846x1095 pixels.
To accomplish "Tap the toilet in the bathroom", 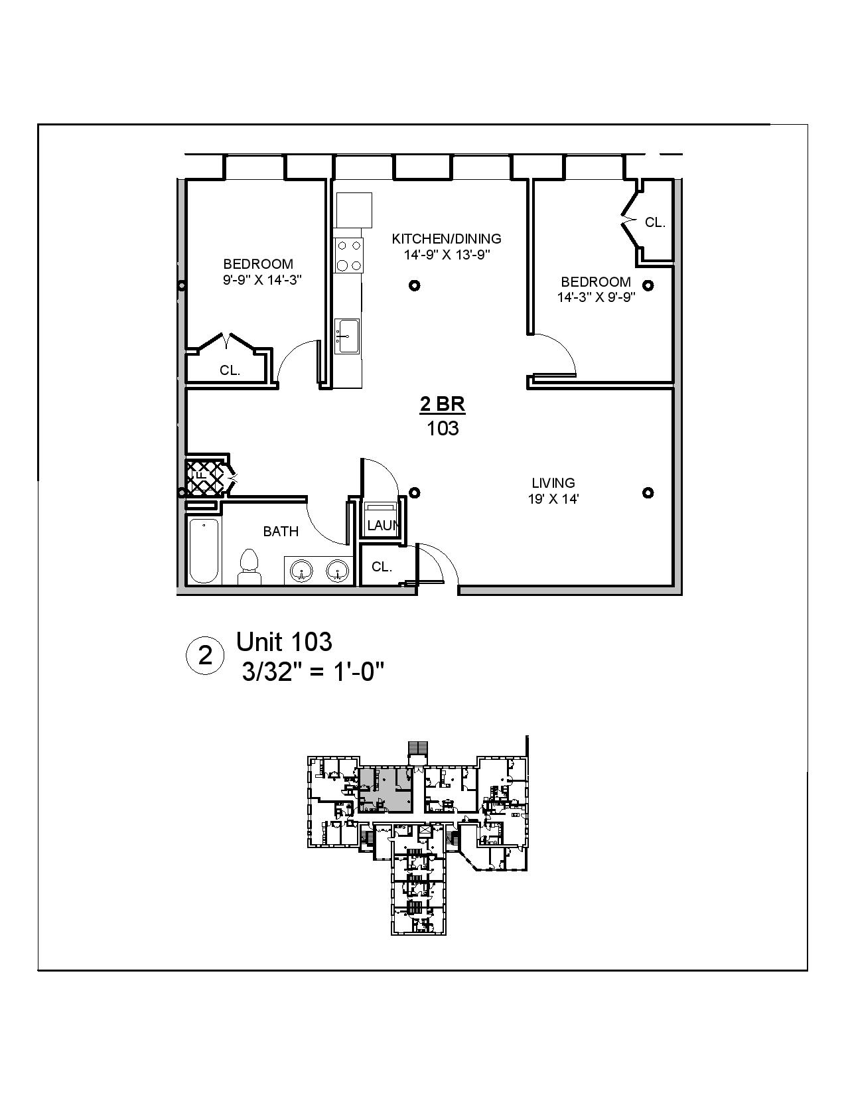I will point(249,567).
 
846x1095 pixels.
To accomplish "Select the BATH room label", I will point(281,532).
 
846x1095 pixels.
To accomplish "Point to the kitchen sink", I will point(347,336).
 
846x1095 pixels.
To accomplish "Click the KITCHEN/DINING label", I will point(447,239).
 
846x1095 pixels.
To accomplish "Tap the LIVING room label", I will point(553,483).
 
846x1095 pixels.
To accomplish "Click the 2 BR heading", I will point(443,403).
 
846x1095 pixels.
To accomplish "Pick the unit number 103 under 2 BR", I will point(443,429).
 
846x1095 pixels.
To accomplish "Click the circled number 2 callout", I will point(206,656).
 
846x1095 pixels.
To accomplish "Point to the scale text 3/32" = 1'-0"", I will point(314,672).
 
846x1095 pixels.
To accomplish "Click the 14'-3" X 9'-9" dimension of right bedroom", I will point(597,297).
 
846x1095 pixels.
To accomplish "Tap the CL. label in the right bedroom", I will point(655,223).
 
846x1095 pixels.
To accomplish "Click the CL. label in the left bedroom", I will point(230,371).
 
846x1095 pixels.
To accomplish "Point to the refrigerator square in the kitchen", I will point(354,210).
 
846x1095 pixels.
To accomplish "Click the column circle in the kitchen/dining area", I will point(415,285).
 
